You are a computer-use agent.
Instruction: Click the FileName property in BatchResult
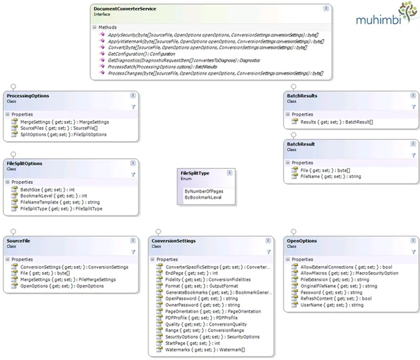[x=321, y=175]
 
